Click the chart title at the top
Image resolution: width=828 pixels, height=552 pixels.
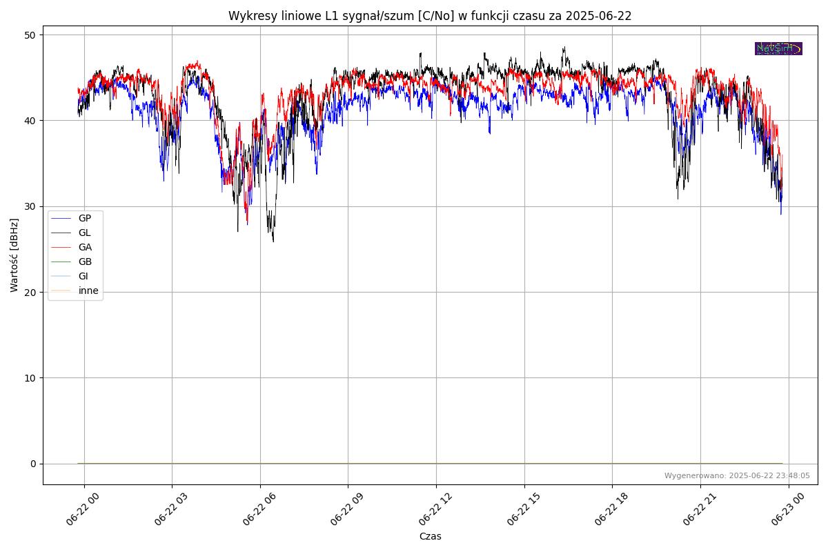(x=430, y=16)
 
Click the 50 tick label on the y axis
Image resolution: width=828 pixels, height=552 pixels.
(x=30, y=35)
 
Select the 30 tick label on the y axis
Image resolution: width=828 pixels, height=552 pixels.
(x=30, y=206)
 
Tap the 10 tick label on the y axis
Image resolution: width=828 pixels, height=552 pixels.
(x=30, y=378)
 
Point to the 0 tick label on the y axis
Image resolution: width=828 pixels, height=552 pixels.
(x=33, y=464)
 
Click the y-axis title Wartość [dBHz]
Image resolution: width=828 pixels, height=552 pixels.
(x=14, y=255)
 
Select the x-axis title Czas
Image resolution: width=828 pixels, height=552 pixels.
(x=430, y=537)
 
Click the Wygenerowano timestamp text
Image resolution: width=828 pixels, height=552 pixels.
(x=737, y=476)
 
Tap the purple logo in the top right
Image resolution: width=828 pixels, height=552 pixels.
(x=778, y=48)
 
